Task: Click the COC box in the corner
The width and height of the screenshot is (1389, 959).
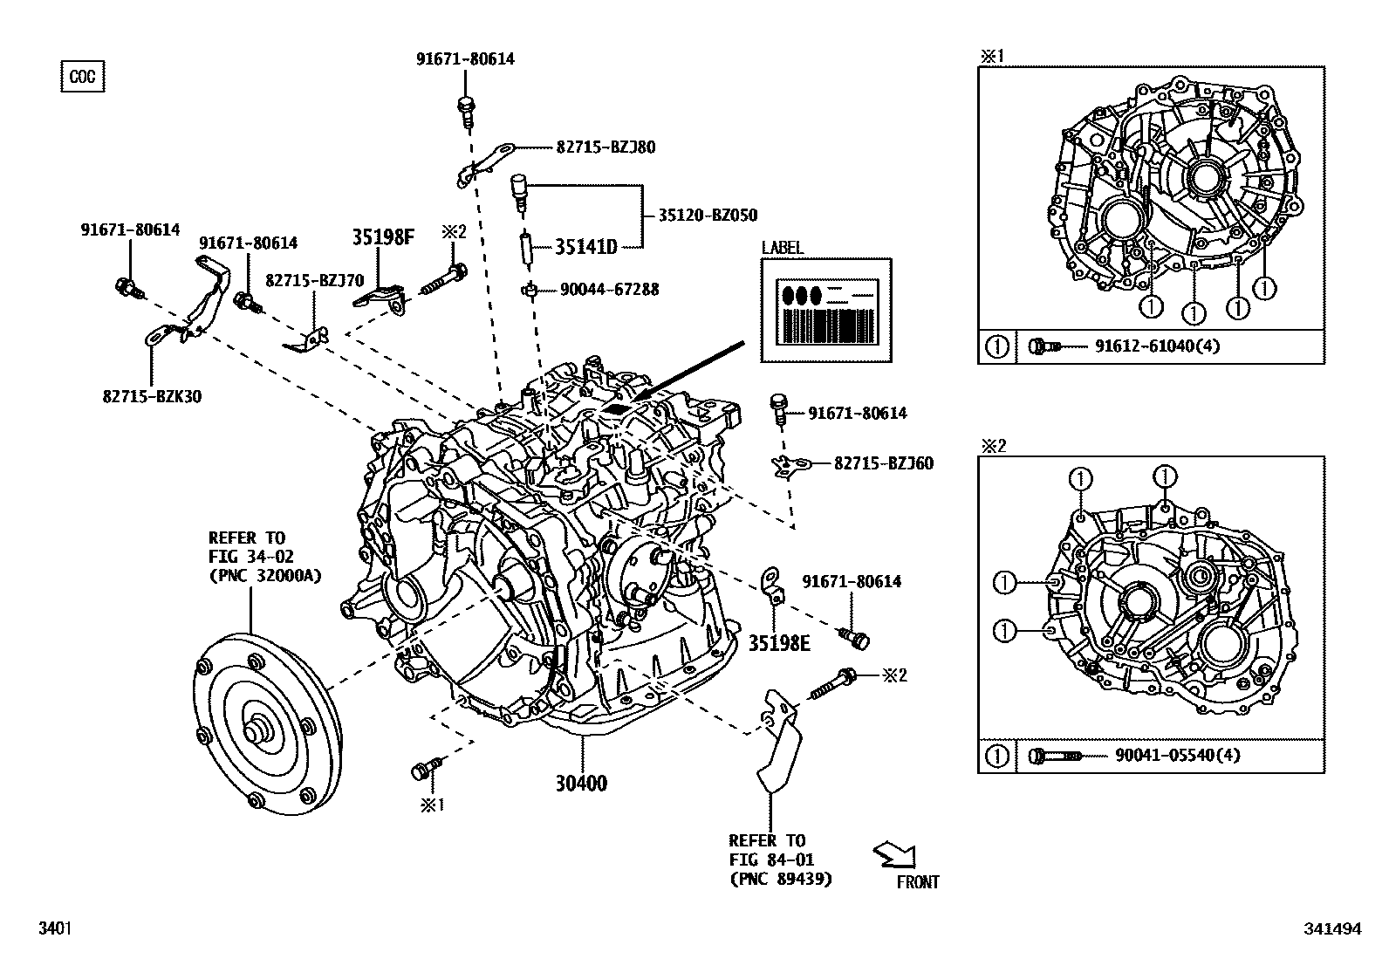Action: pyautogui.click(x=83, y=77)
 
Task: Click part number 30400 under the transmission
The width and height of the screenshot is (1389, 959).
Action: pyautogui.click(x=581, y=784)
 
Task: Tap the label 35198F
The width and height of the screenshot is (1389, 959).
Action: pyautogui.click(x=383, y=236)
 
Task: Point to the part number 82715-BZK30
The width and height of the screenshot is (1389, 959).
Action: pyautogui.click(x=152, y=396)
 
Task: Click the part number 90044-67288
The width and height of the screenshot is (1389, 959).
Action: pyautogui.click(x=608, y=289)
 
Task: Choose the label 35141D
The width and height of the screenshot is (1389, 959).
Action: pyautogui.click(x=586, y=247)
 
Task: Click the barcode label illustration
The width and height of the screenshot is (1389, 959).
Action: pyautogui.click(x=826, y=311)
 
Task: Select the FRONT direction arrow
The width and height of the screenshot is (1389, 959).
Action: pyautogui.click(x=893, y=855)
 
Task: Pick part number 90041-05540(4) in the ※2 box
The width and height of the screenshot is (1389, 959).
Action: pyautogui.click(x=1177, y=755)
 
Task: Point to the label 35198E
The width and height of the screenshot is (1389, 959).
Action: pyautogui.click(x=779, y=644)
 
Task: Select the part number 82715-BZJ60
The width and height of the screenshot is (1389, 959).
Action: pyautogui.click(x=883, y=463)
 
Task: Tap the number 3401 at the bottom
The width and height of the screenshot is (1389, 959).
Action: pyautogui.click(x=53, y=930)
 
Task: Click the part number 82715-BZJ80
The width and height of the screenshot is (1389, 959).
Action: pyautogui.click(x=606, y=147)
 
